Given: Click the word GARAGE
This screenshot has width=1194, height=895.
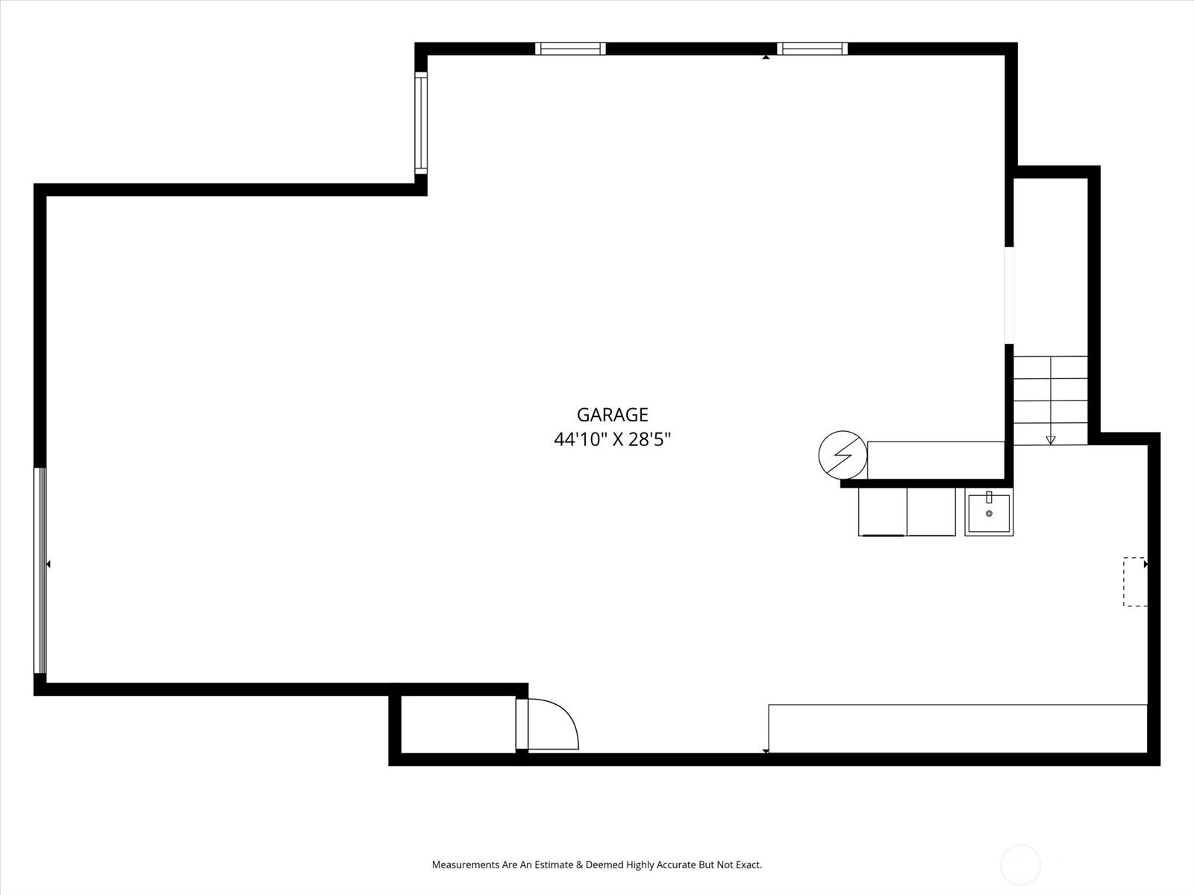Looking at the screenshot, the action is [612, 415].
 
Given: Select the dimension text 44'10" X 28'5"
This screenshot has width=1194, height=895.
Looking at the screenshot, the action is [612, 439].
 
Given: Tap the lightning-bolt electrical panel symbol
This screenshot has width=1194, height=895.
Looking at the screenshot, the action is [843, 455].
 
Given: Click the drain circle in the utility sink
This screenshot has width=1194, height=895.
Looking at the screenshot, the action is [989, 514].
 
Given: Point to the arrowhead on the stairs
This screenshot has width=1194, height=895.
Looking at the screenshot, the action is [1051, 440].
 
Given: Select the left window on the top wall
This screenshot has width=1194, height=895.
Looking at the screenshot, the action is [570, 49].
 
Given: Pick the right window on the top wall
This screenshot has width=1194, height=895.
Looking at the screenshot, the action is [812, 49].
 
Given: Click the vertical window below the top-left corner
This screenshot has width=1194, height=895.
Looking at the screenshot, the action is [421, 123].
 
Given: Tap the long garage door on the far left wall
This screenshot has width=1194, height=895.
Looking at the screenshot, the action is [40, 571].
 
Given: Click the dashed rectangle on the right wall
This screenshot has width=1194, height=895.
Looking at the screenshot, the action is [1135, 582].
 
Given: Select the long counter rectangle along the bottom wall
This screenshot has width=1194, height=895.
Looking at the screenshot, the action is [957, 729].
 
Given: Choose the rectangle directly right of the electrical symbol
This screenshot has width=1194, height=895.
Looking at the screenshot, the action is [936, 460].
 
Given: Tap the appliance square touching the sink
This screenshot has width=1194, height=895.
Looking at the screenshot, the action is [931, 512].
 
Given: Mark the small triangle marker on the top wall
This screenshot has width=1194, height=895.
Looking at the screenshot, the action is [766, 57].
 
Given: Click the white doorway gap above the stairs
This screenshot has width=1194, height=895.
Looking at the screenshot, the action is [1009, 295].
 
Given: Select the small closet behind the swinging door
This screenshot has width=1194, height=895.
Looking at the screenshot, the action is [458, 724].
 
